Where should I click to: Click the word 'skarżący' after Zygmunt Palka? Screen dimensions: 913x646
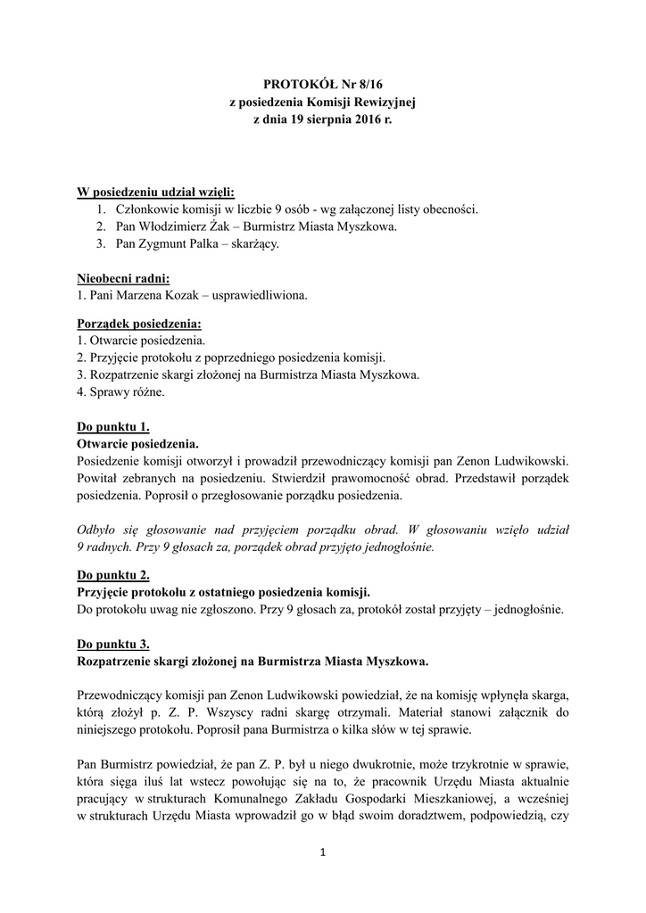click(257, 243)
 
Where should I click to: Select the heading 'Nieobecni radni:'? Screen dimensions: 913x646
click(123, 278)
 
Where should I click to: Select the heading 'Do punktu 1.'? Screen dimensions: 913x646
click(113, 426)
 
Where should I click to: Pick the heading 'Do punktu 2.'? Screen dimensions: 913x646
click(113, 575)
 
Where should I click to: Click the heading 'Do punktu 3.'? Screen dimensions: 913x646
click(113, 644)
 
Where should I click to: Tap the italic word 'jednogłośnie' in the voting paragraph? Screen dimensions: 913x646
click(399, 547)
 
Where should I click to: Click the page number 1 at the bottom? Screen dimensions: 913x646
click(323, 853)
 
